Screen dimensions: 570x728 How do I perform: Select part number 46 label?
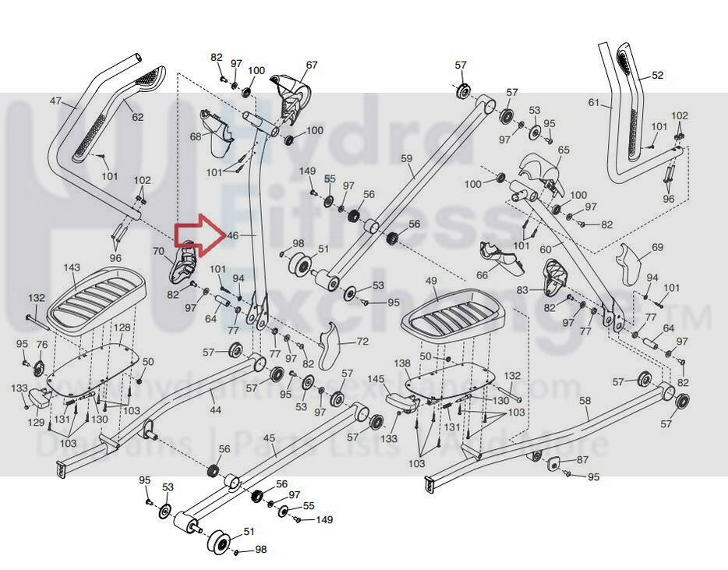click(231, 235)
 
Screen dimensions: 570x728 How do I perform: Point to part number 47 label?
click(56, 101)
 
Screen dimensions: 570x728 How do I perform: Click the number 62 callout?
click(137, 117)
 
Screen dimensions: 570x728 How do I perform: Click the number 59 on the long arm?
click(406, 159)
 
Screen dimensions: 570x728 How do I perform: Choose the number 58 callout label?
click(585, 401)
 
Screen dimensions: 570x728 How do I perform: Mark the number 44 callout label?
click(215, 410)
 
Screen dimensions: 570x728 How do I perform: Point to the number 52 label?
click(657, 76)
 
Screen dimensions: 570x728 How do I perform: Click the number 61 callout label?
click(595, 102)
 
